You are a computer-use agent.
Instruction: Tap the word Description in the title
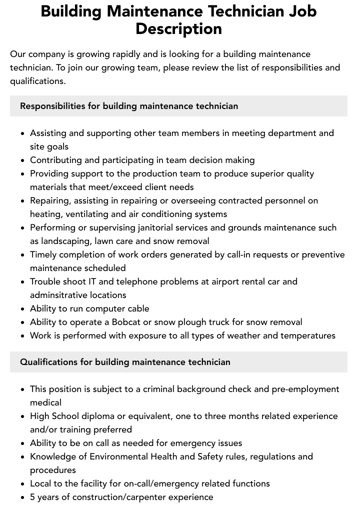[178, 28]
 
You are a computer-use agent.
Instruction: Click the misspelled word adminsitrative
[62, 295]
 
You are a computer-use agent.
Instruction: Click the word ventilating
[86, 214]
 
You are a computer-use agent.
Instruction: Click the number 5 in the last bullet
[32, 497]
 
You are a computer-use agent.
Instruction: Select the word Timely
[44, 254]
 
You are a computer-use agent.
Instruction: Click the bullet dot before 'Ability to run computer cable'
[22, 309]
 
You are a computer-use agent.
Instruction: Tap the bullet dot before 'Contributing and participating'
[22, 160]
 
